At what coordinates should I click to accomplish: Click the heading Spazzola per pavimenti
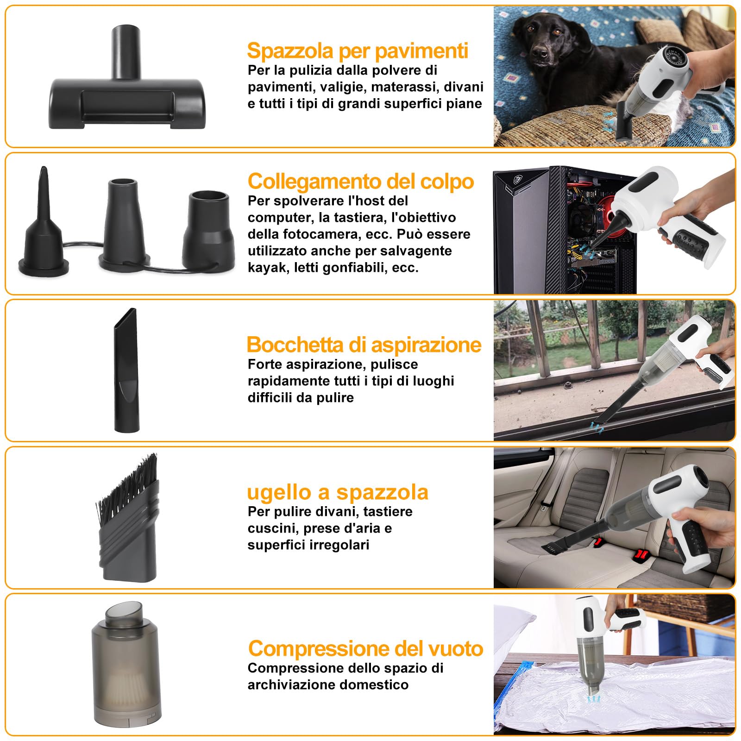click(x=357, y=50)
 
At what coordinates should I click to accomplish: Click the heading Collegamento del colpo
click(x=360, y=181)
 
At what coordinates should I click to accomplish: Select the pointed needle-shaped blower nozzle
click(x=44, y=222)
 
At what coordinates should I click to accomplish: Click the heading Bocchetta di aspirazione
click(x=364, y=345)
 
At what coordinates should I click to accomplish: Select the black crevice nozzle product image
click(x=126, y=370)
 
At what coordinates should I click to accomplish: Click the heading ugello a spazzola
click(x=337, y=492)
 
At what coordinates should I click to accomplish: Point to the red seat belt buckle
click(x=641, y=554)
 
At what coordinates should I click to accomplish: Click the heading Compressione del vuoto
click(x=365, y=648)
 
